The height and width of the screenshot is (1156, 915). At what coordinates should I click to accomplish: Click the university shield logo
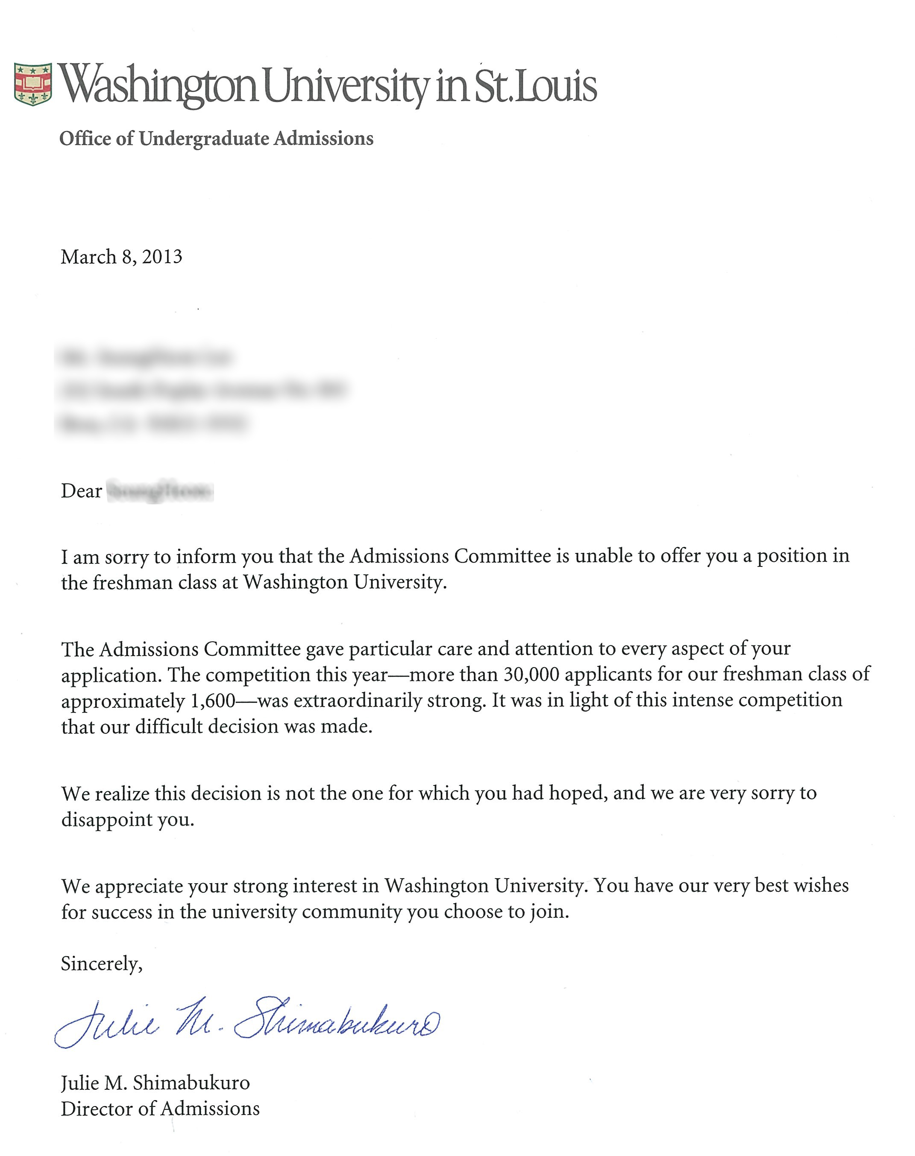pyautogui.click(x=32, y=84)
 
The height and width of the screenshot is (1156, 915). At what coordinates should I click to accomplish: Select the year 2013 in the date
pyautogui.click(x=162, y=257)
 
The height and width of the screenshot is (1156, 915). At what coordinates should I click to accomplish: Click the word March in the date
pyautogui.click(x=88, y=257)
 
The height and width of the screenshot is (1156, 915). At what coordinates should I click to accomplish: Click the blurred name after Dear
pyautogui.click(x=160, y=491)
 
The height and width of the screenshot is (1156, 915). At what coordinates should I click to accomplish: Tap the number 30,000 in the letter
pyautogui.click(x=531, y=674)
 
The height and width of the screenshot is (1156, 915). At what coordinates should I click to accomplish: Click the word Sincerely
pyautogui.click(x=101, y=964)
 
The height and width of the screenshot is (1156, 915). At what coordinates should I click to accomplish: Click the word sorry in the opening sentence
pyautogui.click(x=126, y=557)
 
